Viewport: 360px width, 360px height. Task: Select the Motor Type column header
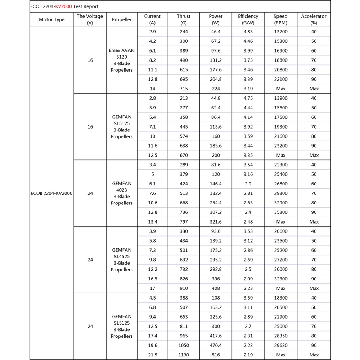[51, 19]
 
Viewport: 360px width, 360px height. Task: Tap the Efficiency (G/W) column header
[248, 19]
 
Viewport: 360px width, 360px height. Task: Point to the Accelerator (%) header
[314, 19]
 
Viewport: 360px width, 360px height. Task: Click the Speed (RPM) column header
[280, 19]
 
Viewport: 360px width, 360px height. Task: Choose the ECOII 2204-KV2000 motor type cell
[51, 193]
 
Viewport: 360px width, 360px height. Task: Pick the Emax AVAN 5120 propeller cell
[122, 60]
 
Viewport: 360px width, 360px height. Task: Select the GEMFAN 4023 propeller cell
[122, 193]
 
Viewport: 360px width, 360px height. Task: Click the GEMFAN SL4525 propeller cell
[122, 260]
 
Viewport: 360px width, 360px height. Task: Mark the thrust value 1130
[184, 355]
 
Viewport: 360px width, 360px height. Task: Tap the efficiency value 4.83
[248, 32]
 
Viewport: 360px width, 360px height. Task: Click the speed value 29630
[280, 346]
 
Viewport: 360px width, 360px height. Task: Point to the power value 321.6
[216, 222]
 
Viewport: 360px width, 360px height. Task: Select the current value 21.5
[152, 355]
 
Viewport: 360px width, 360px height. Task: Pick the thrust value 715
[184, 89]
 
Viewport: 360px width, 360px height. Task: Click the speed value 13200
[280, 32]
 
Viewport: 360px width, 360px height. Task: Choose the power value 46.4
[216, 32]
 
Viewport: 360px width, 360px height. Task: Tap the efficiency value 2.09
[248, 279]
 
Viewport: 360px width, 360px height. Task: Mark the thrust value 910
[184, 288]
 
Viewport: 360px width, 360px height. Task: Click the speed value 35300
[280, 212]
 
